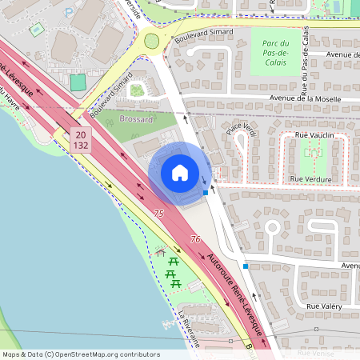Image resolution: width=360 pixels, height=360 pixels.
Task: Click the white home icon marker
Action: (x=179, y=173)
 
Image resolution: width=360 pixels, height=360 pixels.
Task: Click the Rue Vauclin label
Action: (x=313, y=137)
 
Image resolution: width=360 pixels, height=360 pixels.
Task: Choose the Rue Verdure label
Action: (x=312, y=178)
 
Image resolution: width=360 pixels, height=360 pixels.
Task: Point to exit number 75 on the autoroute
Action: (x=158, y=214)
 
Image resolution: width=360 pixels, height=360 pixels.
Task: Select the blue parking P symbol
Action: (x=68, y=13)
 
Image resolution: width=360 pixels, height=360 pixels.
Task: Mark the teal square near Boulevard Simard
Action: (x=78, y=82)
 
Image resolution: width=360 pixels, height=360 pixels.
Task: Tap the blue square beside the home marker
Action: (x=206, y=192)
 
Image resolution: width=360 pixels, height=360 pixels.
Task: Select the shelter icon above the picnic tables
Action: (x=161, y=253)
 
